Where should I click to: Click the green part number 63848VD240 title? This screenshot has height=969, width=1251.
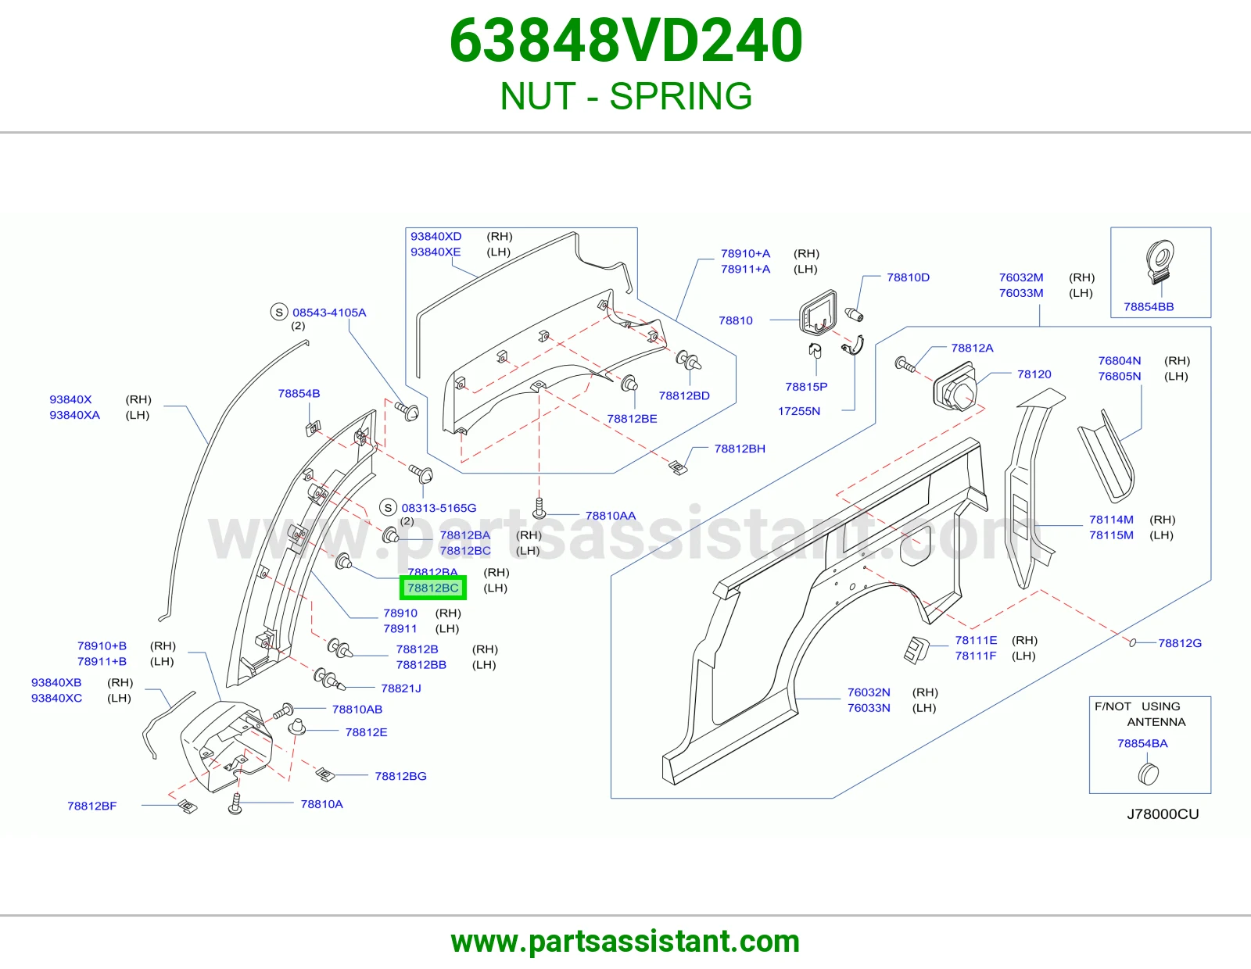click(x=625, y=41)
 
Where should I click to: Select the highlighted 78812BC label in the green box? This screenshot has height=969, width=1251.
click(x=433, y=588)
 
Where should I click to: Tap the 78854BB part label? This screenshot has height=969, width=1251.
click(x=1149, y=306)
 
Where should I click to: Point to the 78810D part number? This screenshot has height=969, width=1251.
click(x=908, y=277)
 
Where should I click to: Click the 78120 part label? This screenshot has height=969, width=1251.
click(x=1034, y=374)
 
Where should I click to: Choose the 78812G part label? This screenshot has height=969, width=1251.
click(x=1180, y=642)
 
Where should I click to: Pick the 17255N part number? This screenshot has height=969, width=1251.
click(x=799, y=411)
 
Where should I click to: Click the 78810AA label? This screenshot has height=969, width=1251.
click(x=610, y=516)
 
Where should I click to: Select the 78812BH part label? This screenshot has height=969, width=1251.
click(x=740, y=449)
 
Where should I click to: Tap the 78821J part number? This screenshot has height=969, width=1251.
click(x=401, y=688)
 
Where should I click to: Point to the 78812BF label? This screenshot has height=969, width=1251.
click(x=92, y=806)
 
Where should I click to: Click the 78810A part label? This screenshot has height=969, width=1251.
click(x=322, y=804)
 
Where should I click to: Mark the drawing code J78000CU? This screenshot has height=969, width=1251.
click(x=1163, y=814)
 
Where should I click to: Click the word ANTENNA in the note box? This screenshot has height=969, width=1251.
click(x=1156, y=721)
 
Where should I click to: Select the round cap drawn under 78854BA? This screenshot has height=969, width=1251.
click(x=1148, y=774)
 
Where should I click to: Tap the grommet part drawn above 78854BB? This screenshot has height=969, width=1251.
click(x=1160, y=262)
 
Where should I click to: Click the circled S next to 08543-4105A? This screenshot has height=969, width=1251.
click(x=279, y=312)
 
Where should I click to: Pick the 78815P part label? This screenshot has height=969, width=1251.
click(x=806, y=387)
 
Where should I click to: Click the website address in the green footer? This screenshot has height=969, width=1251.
click(x=625, y=942)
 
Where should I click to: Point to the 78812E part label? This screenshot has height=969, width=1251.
click(x=366, y=732)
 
